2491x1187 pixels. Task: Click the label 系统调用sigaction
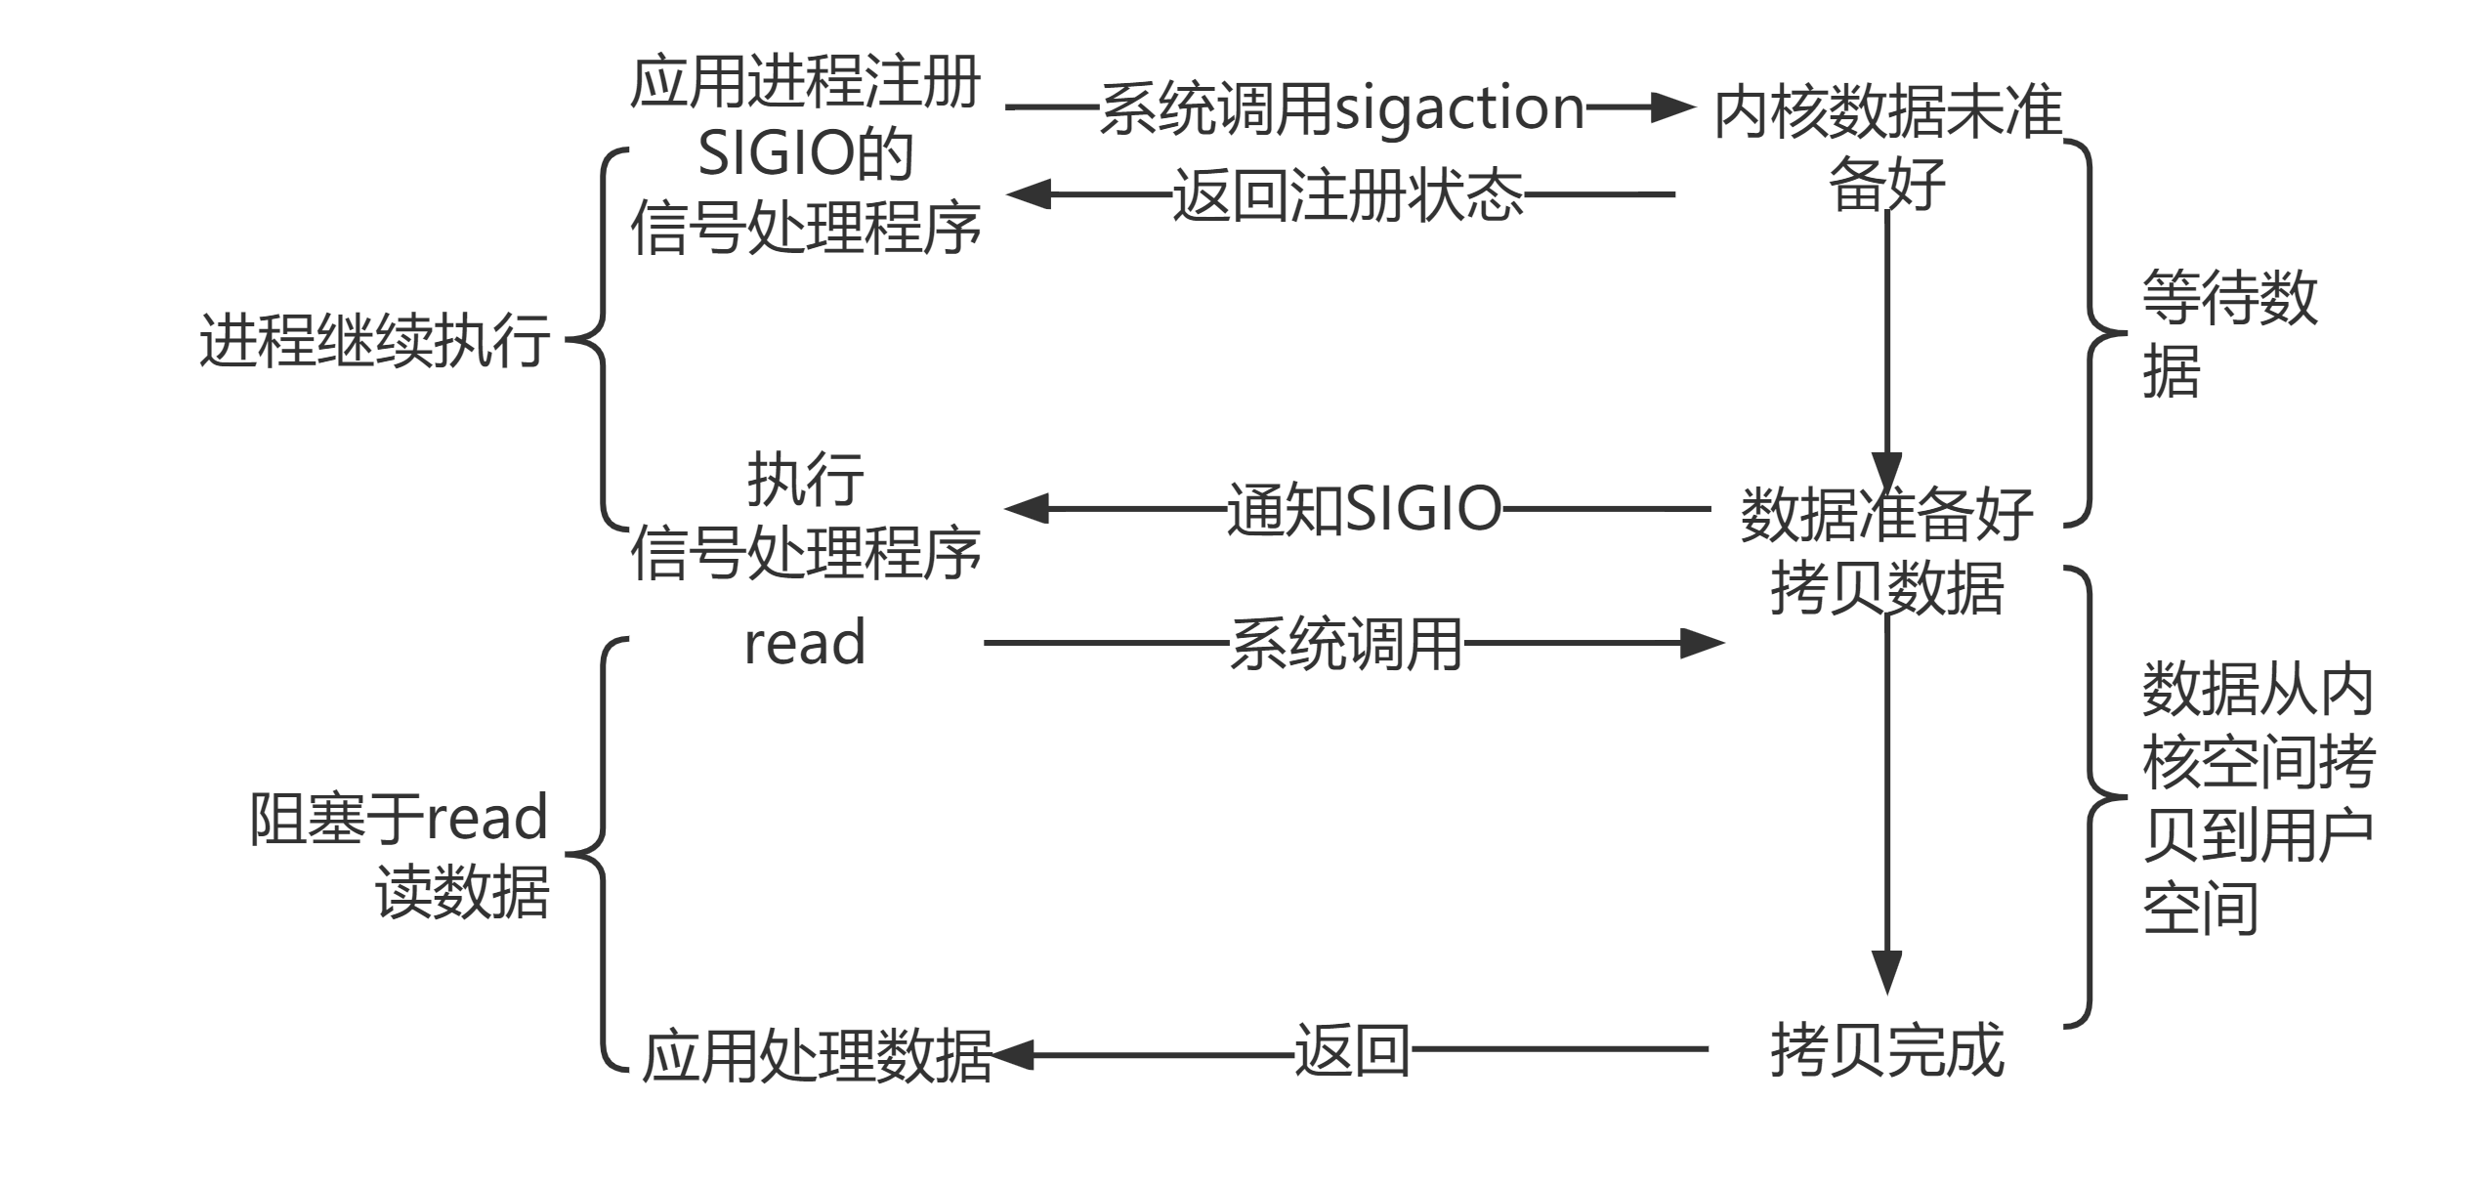coord(1342,107)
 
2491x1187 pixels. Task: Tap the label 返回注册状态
coord(1347,194)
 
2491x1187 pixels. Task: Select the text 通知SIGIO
coord(1364,509)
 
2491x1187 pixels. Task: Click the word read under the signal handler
coord(805,643)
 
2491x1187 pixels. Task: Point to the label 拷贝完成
coord(1887,1050)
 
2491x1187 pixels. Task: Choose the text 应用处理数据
coord(817,1055)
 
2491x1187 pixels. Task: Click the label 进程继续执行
coord(374,341)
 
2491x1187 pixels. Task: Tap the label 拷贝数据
coord(1887,588)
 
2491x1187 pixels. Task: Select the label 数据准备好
coord(1887,514)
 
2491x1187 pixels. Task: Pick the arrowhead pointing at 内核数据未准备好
coord(1672,107)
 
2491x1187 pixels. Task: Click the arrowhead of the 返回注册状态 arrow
coord(1029,194)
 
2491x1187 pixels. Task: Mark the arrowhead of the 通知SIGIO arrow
coord(1027,509)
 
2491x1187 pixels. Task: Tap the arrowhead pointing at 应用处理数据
coord(1012,1055)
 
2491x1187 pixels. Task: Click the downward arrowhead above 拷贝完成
coord(1887,971)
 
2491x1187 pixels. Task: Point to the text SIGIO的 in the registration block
coord(805,154)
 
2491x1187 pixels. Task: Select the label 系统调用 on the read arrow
coord(1345,644)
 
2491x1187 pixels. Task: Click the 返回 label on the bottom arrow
coord(1352,1051)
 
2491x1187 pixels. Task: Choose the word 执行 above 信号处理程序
coord(805,479)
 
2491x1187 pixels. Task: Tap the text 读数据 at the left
coord(462,891)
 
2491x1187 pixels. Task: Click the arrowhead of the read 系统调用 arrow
coord(1702,643)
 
